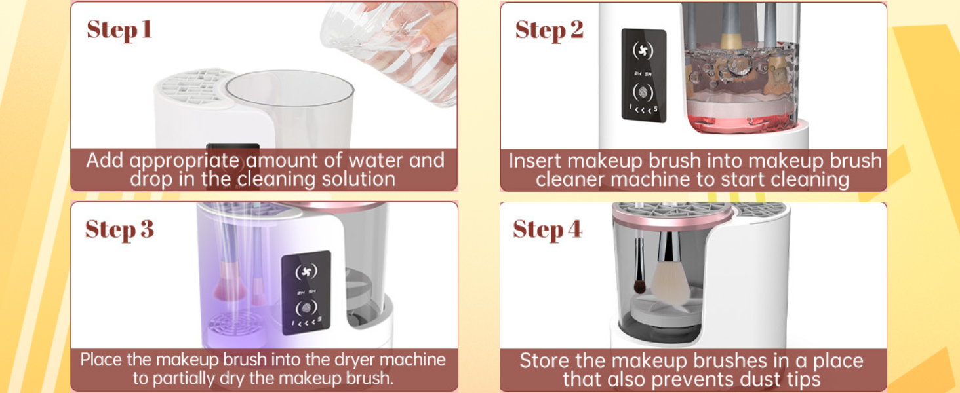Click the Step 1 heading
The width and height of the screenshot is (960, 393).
coord(119,30)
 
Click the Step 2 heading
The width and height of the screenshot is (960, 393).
coord(549,30)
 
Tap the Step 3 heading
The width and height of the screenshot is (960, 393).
coord(119,230)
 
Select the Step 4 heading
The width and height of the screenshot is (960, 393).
coord(548,230)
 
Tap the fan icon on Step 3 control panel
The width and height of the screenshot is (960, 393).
coord(306,272)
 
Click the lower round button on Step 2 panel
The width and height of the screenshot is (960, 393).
coord(643,92)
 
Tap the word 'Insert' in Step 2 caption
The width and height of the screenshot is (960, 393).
coord(534,161)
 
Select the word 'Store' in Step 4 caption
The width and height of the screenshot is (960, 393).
coord(545,361)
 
